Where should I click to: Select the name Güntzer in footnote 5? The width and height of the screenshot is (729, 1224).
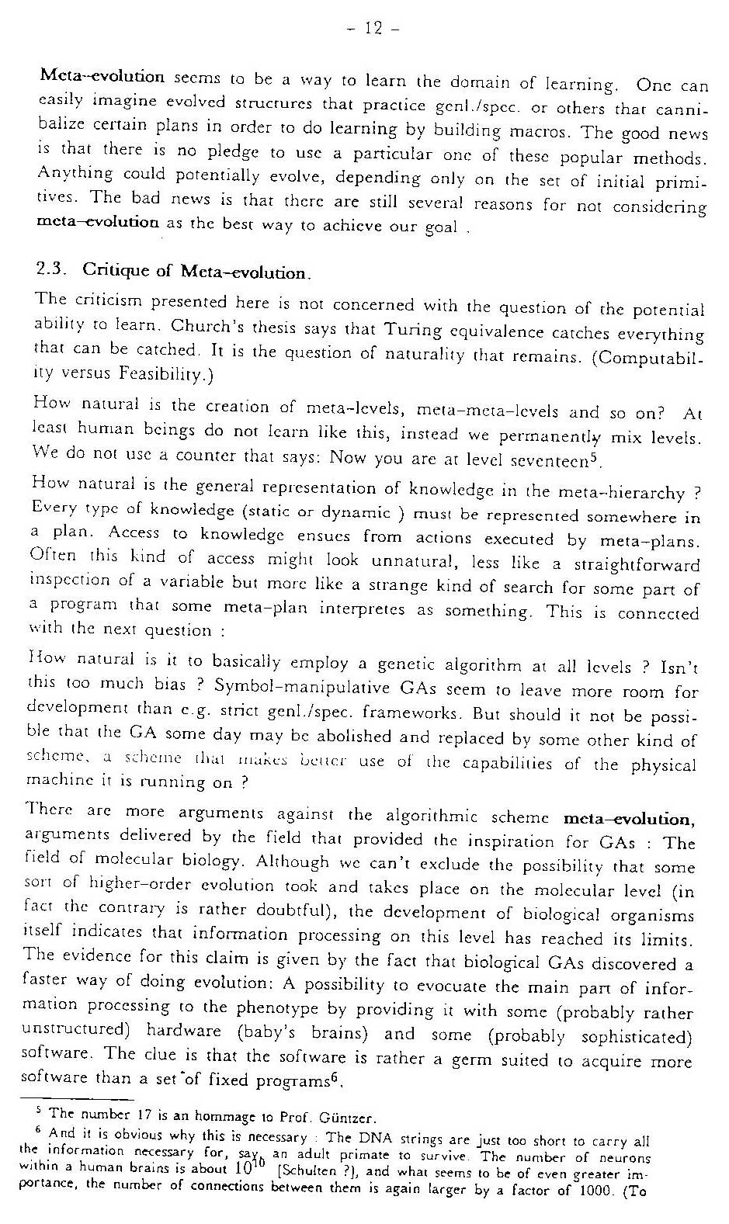352,1118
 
